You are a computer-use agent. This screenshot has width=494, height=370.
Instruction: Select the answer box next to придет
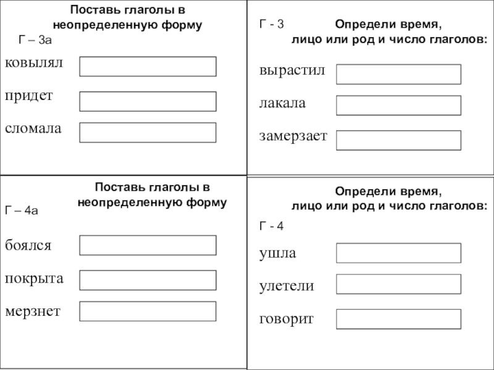click(x=148, y=101)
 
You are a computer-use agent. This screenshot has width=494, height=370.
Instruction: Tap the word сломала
click(x=34, y=129)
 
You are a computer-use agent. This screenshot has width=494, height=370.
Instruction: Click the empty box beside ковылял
click(x=148, y=67)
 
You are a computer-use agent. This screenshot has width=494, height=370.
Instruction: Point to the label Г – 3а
click(x=34, y=41)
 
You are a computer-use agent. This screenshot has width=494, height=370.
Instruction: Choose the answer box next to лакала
click(x=398, y=105)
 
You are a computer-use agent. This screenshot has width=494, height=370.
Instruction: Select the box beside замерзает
click(x=398, y=140)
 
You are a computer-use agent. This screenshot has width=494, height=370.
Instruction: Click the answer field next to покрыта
click(x=148, y=280)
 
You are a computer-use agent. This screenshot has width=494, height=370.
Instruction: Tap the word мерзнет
click(x=33, y=311)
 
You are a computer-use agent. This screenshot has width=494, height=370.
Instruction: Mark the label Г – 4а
click(x=22, y=210)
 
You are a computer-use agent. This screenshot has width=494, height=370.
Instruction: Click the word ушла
click(x=278, y=253)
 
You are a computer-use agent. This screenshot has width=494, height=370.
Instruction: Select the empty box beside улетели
click(x=398, y=284)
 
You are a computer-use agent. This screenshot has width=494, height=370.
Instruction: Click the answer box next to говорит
click(x=398, y=319)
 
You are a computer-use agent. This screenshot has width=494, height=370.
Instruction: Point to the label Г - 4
click(x=270, y=226)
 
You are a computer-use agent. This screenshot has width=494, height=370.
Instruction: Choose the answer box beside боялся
click(x=148, y=245)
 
